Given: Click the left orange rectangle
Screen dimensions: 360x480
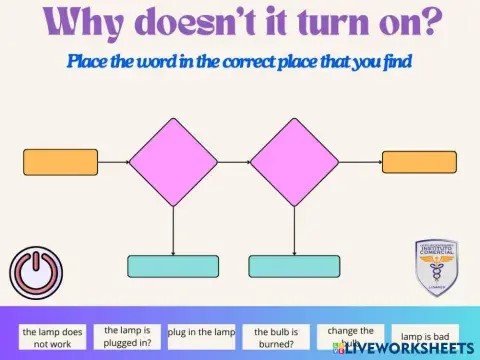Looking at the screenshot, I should click(61, 162).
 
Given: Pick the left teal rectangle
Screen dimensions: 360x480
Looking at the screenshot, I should click(173, 266).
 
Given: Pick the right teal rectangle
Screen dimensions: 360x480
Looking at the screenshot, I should click(293, 266).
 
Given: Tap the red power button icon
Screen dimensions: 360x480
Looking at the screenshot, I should click(36, 272).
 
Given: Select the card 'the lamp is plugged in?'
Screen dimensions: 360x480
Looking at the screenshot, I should click(127, 335).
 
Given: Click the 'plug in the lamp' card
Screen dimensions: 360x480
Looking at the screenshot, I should click(201, 332).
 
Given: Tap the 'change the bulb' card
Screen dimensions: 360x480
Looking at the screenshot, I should click(350, 335).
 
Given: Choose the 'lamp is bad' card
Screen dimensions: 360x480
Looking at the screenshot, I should click(425, 336).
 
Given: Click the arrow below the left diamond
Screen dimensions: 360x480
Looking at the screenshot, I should click(174, 230).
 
